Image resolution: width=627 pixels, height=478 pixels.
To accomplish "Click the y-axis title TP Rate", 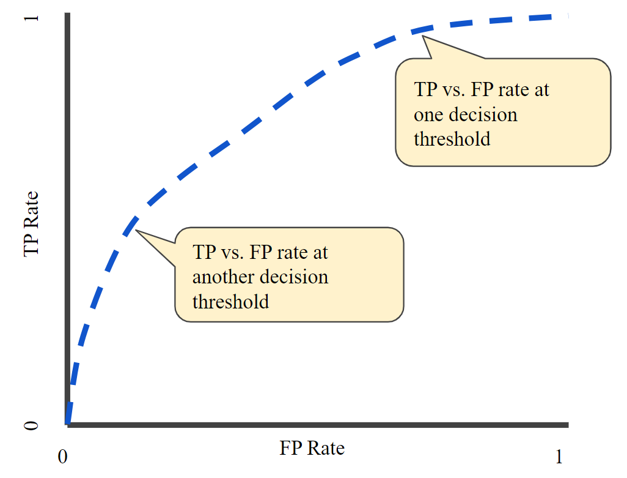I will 31,224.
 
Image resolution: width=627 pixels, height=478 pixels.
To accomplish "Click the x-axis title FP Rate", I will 312,448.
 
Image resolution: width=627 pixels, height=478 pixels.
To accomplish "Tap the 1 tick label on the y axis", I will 31,18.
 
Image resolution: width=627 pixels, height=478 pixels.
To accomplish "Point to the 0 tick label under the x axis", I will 62,457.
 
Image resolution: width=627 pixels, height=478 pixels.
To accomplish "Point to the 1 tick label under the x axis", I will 559,457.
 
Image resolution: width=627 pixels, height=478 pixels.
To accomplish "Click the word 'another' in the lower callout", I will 218,277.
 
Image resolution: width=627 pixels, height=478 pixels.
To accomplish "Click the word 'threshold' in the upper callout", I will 452,139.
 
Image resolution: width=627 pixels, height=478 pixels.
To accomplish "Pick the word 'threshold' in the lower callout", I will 230,301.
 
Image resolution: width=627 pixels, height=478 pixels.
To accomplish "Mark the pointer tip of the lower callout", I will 136,231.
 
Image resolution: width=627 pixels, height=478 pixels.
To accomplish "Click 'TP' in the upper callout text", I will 424,90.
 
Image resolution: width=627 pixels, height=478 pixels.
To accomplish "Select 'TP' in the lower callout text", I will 203,252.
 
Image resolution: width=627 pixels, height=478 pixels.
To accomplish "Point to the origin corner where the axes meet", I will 67,424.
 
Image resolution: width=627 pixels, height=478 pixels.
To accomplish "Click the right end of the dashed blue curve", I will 566,17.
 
